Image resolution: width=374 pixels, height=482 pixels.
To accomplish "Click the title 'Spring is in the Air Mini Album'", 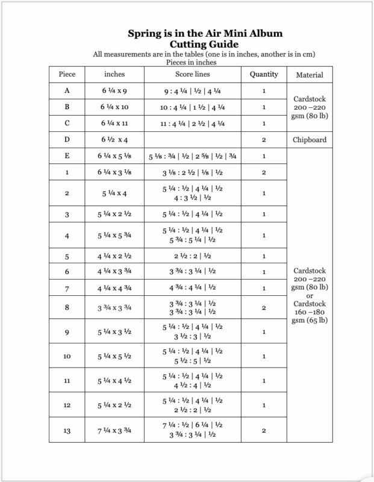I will tap(188, 33).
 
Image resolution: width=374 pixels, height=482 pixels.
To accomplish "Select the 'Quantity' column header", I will tap(264, 75).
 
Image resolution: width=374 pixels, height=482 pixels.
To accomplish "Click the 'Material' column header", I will tap(310, 75).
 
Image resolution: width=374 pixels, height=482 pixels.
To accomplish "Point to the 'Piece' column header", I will tap(67, 75).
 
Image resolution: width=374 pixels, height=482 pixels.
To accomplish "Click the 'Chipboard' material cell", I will tap(310, 140).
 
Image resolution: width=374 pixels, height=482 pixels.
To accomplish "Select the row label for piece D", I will tap(67, 140).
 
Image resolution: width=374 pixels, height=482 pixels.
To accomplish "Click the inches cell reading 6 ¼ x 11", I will tap(114, 124).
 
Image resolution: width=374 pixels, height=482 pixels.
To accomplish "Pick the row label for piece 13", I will tap(67, 430).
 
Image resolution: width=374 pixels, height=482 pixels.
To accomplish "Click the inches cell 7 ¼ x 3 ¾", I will tap(114, 430).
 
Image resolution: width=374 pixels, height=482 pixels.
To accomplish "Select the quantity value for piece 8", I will tap(264, 307).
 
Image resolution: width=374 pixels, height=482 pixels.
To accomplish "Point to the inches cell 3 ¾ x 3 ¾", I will tap(114, 307).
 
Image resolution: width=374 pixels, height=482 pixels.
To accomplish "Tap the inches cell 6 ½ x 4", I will tap(114, 140).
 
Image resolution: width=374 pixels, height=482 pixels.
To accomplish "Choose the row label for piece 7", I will tap(67, 288).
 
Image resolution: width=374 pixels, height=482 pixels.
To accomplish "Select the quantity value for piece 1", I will tap(264, 172).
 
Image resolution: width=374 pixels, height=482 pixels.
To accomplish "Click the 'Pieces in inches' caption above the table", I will tap(188, 61).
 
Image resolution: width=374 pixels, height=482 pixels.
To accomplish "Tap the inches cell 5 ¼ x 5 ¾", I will tap(114, 236).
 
